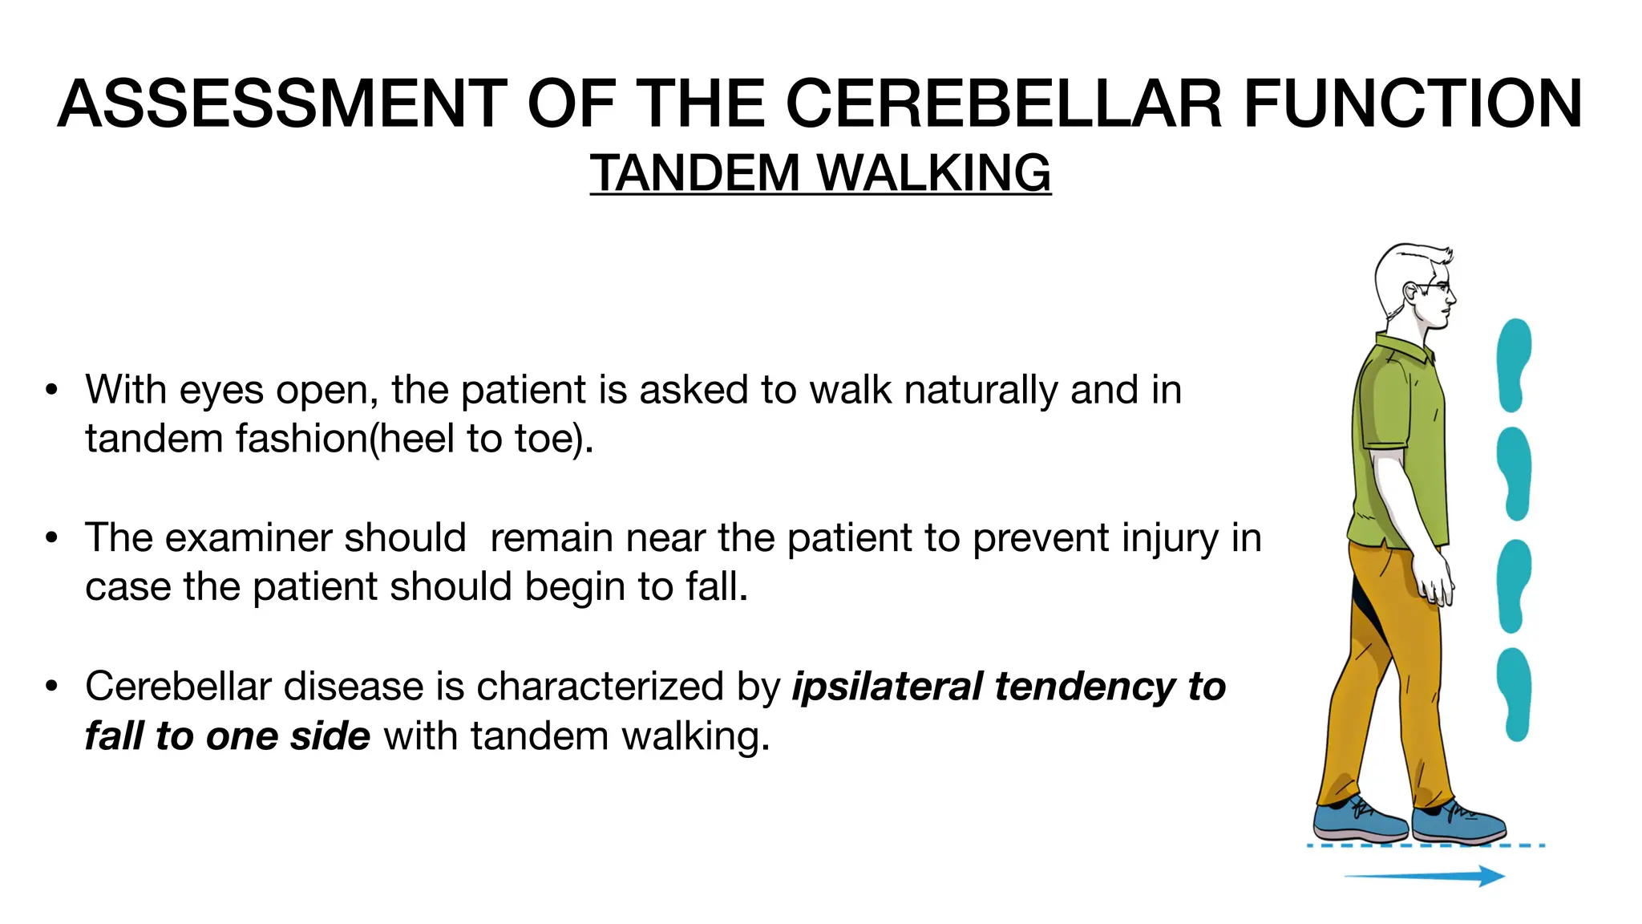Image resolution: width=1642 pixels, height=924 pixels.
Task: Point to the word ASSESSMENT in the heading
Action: [281, 103]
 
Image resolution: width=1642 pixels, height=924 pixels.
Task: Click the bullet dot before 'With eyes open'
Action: [52, 391]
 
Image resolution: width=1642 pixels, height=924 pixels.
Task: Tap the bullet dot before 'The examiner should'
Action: [52, 538]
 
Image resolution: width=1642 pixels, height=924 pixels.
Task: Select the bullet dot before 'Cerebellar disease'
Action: [52, 687]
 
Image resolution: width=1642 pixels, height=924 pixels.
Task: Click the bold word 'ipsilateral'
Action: [887, 687]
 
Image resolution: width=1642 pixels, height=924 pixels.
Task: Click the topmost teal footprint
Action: [1514, 365]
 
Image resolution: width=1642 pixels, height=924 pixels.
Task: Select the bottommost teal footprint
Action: [1514, 694]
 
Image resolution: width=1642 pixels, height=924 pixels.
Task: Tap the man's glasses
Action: [1435, 286]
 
